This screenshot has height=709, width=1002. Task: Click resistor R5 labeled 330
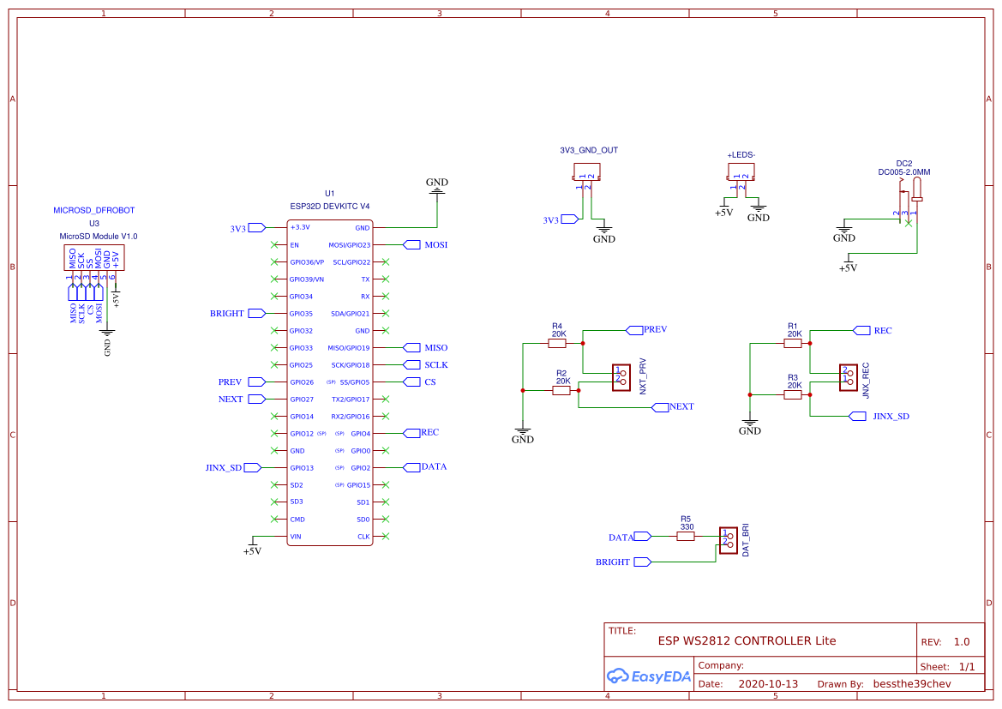pos(686,537)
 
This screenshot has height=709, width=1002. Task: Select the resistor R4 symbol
pos(558,344)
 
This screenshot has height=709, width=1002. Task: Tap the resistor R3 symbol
pos(794,395)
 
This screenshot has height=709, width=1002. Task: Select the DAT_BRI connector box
pos(728,541)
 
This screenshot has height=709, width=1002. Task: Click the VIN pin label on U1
pos(296,537)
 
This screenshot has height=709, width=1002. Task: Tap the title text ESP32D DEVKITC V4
pos(330,207)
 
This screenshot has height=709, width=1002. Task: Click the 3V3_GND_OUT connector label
pos(588,150)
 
